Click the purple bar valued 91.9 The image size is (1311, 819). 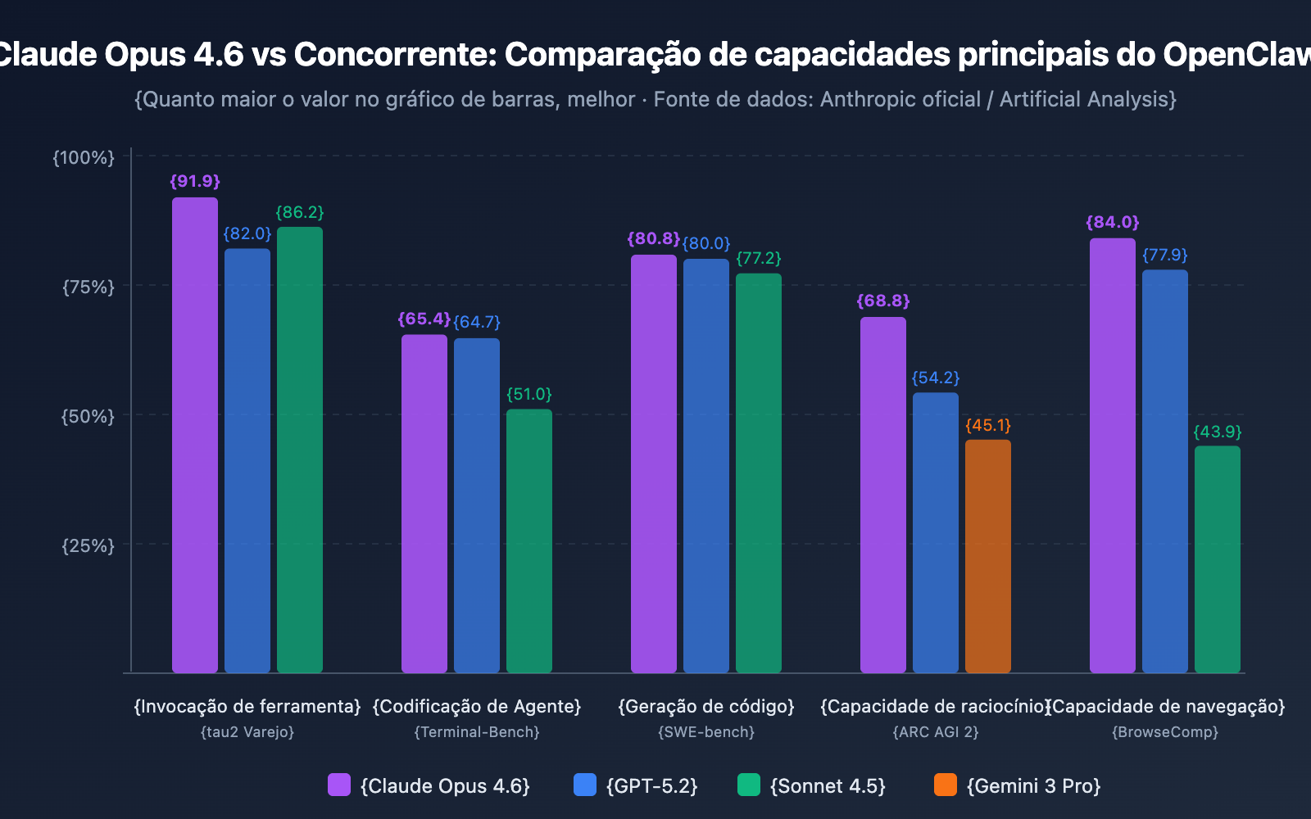tap(195, 434)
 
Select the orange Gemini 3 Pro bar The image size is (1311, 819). tap(988, 556)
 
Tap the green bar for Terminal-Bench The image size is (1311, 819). tap(529, 541)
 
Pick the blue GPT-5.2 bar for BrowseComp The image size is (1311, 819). tap(1165, 471)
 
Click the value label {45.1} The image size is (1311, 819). tap(988, 426)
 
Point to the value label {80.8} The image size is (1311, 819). tap(653, 239)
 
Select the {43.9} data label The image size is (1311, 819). tap(1218, 432)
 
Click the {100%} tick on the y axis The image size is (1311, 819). tap(84, 157)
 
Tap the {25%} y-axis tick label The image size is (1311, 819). tap(88, 545)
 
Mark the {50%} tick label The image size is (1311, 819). tap(88, 416)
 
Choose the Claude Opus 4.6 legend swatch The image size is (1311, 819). tap(339, 785)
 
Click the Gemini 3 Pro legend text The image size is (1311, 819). tap(1033, 786)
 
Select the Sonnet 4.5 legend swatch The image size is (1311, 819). tap(749, 785)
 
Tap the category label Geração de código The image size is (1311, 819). tap(706, 706)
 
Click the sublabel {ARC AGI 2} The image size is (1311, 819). tap(936, 732)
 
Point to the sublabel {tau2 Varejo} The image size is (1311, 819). tap(247, 732)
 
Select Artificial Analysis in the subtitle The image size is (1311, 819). tap(1087, 100)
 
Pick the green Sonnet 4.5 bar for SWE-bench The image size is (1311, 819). tap(759, 473)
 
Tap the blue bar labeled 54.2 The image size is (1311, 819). tap(936, 532)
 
